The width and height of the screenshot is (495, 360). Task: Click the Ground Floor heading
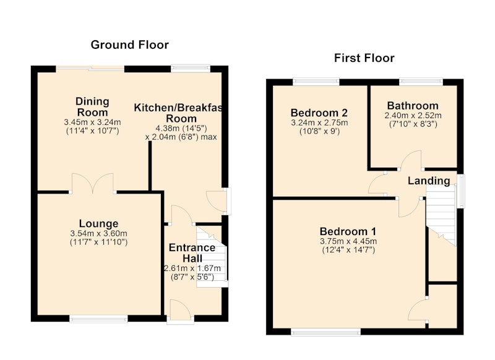[x=130, y=45]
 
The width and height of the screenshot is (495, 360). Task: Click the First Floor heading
[x=364, y=58]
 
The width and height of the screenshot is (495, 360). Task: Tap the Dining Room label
[x=92, y=107]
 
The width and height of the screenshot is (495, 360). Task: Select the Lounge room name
[x=98, y=223]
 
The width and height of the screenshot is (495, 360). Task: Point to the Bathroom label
[x=413, y=105]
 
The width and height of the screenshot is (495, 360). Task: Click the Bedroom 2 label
[x=319, y=113]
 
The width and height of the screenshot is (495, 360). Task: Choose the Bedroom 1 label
[x=348, y=231]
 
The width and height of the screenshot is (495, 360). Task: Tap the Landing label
[x=429, y=181]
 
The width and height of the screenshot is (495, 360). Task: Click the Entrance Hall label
[x=192, y=253]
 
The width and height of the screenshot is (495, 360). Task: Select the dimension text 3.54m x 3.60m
[x=98, y=234]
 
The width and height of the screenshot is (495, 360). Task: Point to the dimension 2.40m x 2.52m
[x=413, y=116]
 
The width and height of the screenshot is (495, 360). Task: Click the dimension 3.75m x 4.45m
[x=348, y=242]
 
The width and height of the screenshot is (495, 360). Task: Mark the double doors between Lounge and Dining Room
[x=92, y=183]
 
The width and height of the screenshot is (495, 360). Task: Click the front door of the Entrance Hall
[x=180, y=311]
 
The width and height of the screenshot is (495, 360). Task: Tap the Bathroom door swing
[x=410, y=160]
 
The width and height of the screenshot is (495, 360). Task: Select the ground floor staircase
[x=212, y=255]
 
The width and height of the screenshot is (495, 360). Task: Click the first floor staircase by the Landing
[x=441, y=215]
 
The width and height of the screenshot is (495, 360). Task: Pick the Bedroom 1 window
[x=326, y=332]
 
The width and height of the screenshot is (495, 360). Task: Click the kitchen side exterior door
[x=217, y=200]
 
